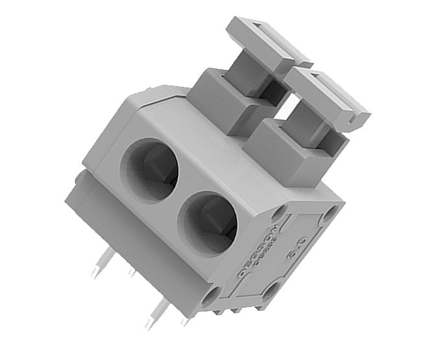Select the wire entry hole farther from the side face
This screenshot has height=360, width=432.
(149, 171)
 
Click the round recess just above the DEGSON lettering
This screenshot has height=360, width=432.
(280, 213)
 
